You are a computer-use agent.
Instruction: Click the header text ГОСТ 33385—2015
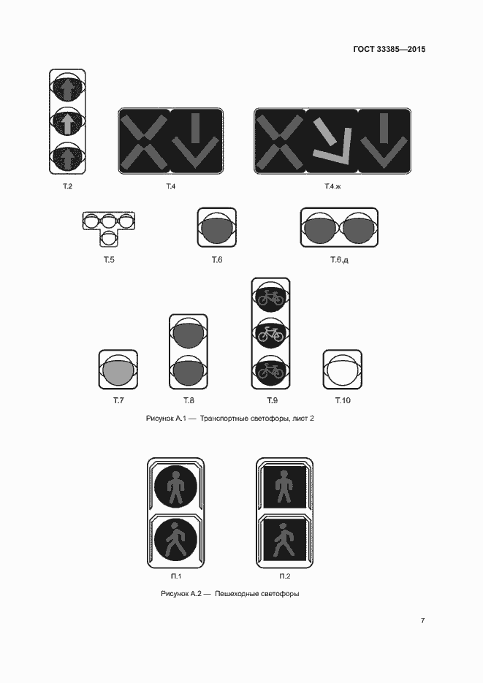coord(389,49)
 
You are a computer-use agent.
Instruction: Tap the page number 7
coord(422,620)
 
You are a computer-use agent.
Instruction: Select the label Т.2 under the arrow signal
coord(67,186)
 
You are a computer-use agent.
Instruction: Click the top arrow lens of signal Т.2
coord(67,89)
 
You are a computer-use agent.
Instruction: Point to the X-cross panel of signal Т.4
coord(144,141)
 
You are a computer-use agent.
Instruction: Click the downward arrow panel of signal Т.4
coord(196,141)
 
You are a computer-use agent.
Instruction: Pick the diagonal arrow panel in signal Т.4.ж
coord(332,141)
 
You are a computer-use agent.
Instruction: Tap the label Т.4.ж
coord(332,186)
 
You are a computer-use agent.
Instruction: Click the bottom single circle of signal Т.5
coord(108,238)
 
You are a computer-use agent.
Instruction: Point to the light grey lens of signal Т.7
coord(118,372)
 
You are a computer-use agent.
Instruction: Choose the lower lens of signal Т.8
coord(188,373)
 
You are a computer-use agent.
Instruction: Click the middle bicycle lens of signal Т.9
coord(270,333)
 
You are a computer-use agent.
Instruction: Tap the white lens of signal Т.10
coord(342,371)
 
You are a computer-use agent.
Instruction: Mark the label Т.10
coord(342,400)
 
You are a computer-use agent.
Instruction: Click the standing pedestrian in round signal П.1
coord(175,487)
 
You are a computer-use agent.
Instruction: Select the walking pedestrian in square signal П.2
coord(284,540)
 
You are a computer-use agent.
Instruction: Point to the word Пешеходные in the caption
coord(235,594)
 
